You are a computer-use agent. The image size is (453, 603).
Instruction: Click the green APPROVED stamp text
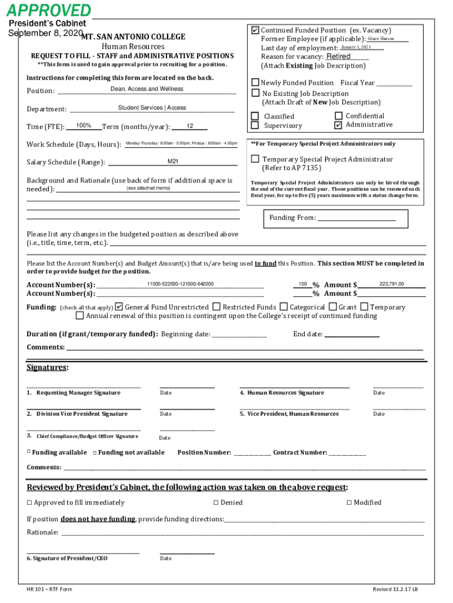tap(49, 10)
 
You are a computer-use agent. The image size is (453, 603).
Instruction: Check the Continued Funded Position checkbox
tap(255, 29)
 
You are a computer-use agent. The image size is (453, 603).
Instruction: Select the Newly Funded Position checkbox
tap(255, 82)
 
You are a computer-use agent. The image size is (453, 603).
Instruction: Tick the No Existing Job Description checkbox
tap(255, 93)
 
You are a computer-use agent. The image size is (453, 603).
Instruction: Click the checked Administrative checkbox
tap(338, 125)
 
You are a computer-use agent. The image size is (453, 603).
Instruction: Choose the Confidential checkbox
tap(338, 116)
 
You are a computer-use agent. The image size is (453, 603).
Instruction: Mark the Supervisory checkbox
tap(255, 125)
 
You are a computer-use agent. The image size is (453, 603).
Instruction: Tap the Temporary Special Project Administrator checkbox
tap(255, 158)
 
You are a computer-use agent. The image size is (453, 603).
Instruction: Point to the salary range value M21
tap(173, 161)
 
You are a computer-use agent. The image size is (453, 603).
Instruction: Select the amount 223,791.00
tap(392, 284)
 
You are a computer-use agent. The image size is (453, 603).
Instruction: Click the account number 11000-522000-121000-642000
tap(180, 284)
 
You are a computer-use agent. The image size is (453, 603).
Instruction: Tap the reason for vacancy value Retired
tap(338, 57)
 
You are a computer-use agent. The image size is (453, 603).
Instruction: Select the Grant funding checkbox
tap(333, 306)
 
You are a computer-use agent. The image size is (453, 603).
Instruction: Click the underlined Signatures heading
tap(47, 367)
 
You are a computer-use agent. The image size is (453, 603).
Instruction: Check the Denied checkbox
tap(215, 502)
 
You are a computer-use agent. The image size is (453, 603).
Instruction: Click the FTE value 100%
tap(84, 125)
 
